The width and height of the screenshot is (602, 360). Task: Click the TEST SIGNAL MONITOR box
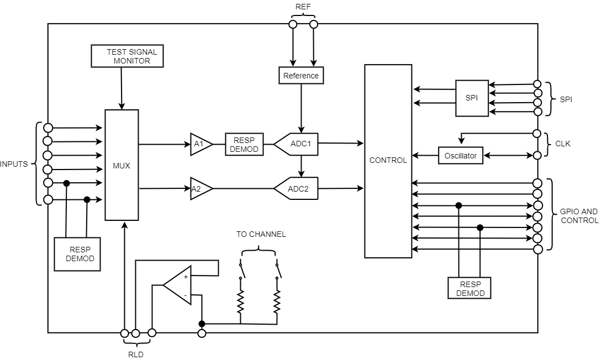(127, 56)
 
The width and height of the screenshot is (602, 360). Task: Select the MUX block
(122, 165)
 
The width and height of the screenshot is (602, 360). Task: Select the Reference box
(301, 75)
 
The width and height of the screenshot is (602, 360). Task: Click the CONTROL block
(388, 161)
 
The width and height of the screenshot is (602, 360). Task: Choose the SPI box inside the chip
(472, 98)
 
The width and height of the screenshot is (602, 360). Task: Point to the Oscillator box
(460, 156)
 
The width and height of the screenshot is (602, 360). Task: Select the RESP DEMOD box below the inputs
(77, 254)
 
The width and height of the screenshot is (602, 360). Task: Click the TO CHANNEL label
(261, 234)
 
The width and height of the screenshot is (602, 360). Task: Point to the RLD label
(135, 354)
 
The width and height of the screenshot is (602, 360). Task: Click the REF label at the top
(303, 7)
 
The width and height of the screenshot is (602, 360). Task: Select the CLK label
(563, 144)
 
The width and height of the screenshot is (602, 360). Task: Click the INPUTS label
(14, 164)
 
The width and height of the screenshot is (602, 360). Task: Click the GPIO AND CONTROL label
(579, 216)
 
